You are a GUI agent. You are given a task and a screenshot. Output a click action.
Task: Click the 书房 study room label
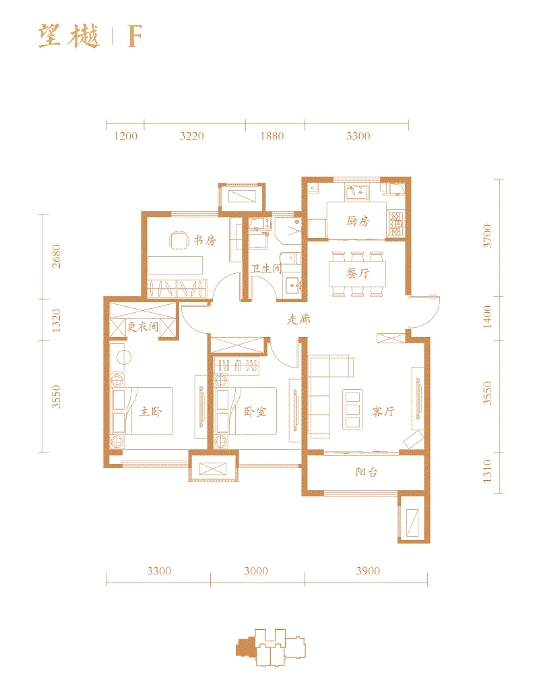point(205,240)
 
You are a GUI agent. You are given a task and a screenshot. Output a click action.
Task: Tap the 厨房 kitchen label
point(358,221)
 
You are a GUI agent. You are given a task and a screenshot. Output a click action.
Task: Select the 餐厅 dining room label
point(358,274)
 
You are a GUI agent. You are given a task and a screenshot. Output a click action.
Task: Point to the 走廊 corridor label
point(298,320)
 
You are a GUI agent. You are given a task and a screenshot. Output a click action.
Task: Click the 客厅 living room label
point(383,411)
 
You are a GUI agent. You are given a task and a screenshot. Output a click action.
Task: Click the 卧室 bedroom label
point(255,411)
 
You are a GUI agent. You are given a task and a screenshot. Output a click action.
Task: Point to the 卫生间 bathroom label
point(266,268)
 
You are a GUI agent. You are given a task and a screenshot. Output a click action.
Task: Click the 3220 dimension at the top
point(191,136)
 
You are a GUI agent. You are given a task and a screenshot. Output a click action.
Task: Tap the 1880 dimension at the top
point(272,136)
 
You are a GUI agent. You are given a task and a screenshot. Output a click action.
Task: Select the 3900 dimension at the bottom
point(368,571)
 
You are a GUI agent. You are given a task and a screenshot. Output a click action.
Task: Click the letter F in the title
point(134,38)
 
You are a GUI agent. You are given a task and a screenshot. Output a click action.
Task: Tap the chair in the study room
point(179,240)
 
